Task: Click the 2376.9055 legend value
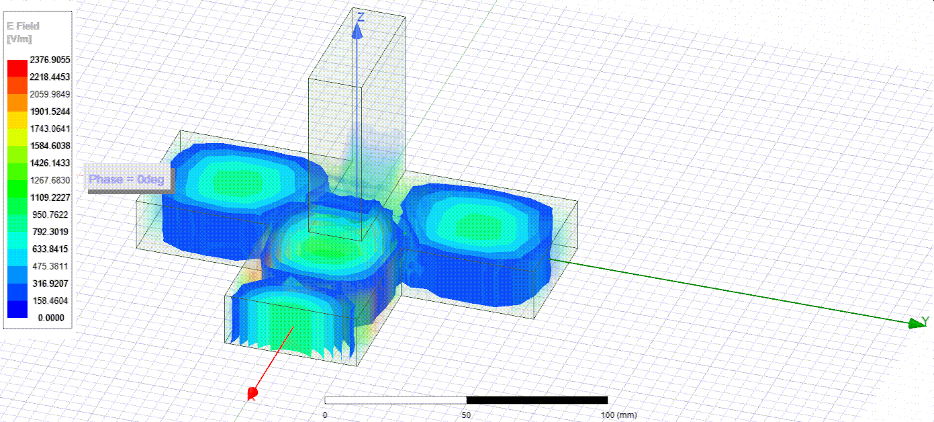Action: [x=50, y=60]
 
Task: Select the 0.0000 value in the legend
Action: [x=51, y=318]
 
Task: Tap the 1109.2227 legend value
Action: [x=50, y=198]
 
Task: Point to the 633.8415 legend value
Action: [x=50, y=249]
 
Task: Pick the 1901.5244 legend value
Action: [x=50, y=112]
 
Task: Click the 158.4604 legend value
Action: [x=50, y=301]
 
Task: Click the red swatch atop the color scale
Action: [x=17, y=69]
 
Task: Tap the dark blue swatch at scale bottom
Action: [x=17, y=309]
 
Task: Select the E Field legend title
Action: [x=23, y=26]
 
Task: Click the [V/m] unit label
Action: [x=19, y=39]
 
